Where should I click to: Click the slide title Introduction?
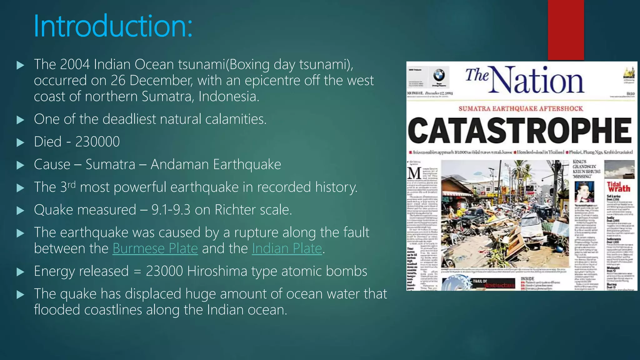tap(113, 26)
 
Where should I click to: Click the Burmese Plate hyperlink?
tap(155, 249)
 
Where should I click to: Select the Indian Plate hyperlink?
tap(287, 249)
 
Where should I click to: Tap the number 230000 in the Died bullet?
tap(97, 142)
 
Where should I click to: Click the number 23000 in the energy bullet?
tap(164, 271)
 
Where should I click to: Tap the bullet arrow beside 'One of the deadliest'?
tap(20, 120)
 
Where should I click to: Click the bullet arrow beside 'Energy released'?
tap(20, 272)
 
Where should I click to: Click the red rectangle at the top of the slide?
tap(566, 30)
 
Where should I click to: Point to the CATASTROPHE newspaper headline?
tap(520, 130)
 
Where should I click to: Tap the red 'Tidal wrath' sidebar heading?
tap(618, 187)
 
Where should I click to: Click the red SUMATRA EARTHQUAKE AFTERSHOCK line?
tap(521, 109)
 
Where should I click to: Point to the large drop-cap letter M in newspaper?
tap(414, 173)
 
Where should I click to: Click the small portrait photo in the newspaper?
tap(584, 192)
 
